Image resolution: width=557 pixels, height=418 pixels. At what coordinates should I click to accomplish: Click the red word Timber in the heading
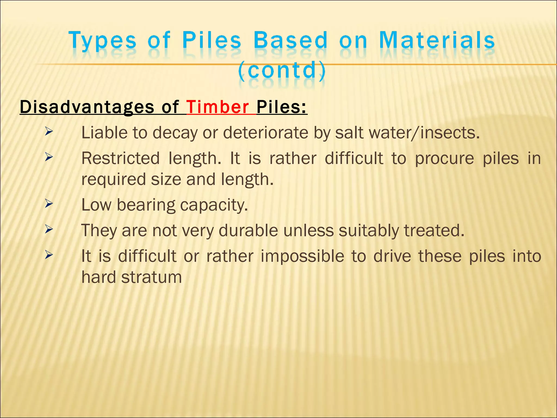click(217, 107)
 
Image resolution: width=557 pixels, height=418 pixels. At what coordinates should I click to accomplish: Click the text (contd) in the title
click(282, 70)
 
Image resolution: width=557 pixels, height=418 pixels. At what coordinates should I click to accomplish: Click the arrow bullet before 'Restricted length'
click(49, 157)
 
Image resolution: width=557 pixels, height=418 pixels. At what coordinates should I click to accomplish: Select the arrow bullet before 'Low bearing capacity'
click(49, 204)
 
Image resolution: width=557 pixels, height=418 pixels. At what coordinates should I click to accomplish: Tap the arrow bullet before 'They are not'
click(49, 229)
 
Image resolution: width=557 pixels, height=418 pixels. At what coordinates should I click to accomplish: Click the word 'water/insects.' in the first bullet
click(407, 133)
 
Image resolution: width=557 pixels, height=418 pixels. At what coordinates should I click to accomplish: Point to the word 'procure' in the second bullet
click(444, 158)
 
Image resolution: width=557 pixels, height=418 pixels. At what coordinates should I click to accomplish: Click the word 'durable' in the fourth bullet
click(248, 230)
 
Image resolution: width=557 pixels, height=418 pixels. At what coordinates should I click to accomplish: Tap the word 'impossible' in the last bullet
click(302, 256)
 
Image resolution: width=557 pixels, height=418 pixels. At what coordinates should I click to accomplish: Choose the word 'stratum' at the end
click(151, 277)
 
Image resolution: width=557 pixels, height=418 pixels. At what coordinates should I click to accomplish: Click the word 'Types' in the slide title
click(102, 41)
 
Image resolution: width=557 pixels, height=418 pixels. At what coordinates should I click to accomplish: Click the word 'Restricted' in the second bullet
click(120, 158)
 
